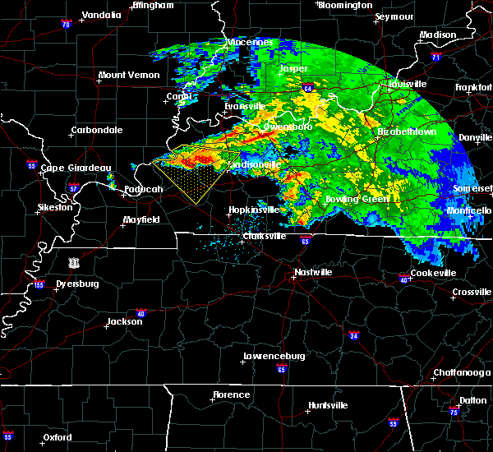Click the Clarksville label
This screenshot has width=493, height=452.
pos(265,237)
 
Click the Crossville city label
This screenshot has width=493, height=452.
pos(472,292)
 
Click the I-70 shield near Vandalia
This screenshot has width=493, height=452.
pos(66,25)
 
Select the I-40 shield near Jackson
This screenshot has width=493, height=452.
pos(141,313)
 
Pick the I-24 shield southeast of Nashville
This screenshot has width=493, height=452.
pos(353,335)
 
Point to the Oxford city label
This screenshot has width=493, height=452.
pos(58,437)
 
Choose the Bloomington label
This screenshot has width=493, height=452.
pos(345,5)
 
